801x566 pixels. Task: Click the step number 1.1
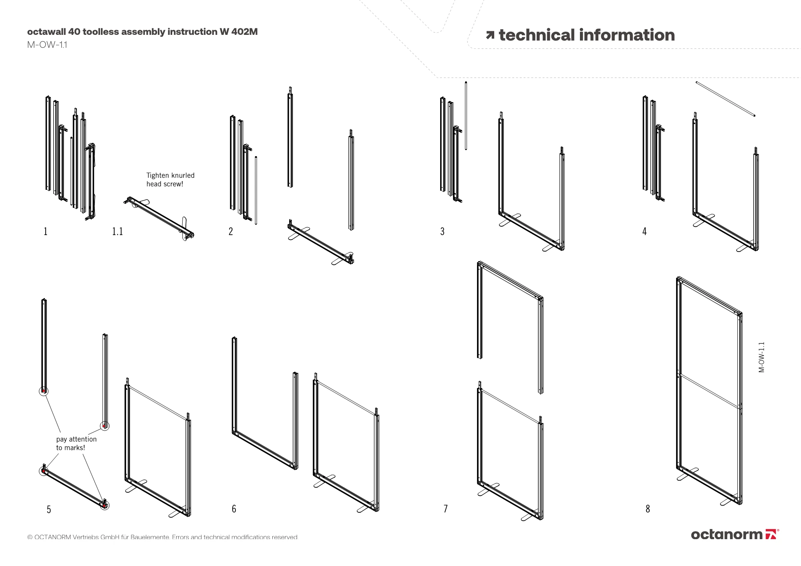[x=117, y=232]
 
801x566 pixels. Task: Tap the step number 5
[x=49, y=510]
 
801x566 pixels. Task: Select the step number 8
[x=648, y=509]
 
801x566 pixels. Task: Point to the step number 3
[x=442, y=232]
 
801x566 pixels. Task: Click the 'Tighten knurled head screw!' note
[x=170, y=180]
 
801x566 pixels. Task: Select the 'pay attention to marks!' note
[x=76, y=443]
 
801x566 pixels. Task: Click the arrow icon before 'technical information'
[x=490, y=36]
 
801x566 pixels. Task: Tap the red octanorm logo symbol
[x=771, y=534]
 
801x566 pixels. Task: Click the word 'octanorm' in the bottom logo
[x=727, y=535]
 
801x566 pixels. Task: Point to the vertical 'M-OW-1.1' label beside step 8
[x=761, y=357]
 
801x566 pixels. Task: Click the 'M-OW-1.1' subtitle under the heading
[x=47, y=45]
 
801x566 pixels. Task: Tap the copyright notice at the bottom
[x=163, y=537]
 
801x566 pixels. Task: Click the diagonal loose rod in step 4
[x=725, y=99]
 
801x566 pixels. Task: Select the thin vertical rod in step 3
[x=466, y=116]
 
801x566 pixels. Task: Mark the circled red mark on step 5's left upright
[x=44, y=391]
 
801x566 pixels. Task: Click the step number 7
[x=445, y=509]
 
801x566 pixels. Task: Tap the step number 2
[x=231, y=232]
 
